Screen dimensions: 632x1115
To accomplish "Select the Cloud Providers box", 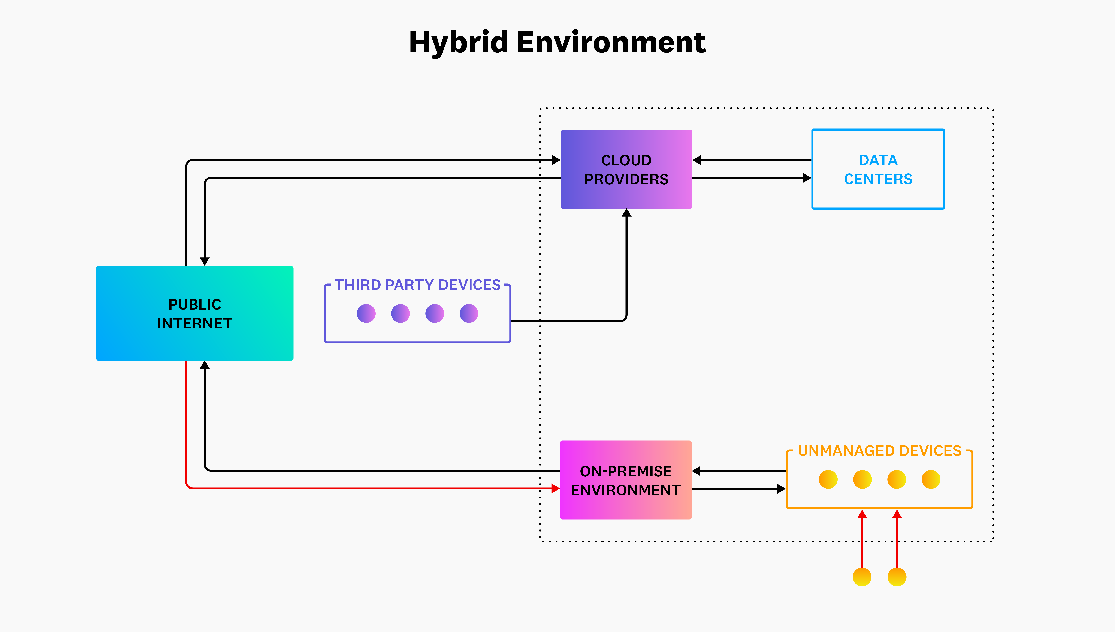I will point(626,169).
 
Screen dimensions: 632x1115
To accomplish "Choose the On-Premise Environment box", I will point(626,480).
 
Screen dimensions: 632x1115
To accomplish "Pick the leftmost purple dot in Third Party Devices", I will point(366,313).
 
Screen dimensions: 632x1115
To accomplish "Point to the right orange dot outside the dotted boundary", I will point(897,577).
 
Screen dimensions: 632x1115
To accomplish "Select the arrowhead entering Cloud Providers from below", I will point(626,213).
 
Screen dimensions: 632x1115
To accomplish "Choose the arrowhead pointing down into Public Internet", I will point(205,261).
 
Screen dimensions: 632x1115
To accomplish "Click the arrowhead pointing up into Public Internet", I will point(205,365).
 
